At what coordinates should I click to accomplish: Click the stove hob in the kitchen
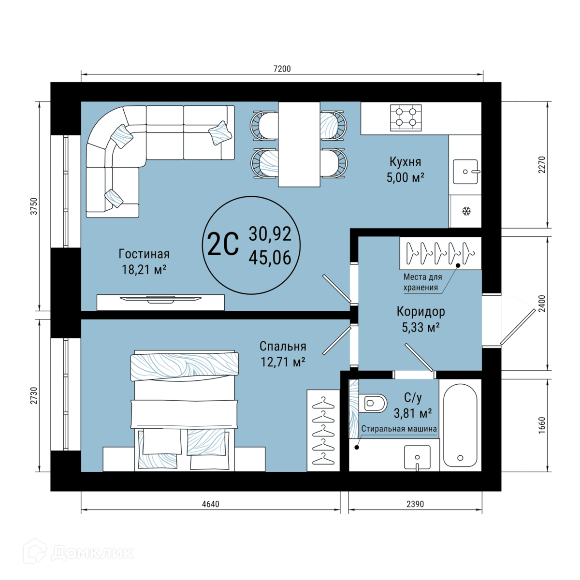click(x=406, y=117)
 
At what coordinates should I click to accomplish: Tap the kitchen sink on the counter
click(x=465, y=172)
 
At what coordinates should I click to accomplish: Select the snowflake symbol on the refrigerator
click(x=466, y=211)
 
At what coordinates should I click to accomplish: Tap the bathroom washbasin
click(x=417, y=457)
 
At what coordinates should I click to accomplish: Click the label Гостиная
click(x=144, y=254)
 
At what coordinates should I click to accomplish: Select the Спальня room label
click(x=283, y=347)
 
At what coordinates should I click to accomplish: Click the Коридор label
click(x=420, y=312)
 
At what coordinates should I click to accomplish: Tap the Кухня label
click(x=405, y=161)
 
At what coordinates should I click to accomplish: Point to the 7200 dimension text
click(x=282, y=69)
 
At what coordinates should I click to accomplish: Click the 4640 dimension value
click(x=210, y=504)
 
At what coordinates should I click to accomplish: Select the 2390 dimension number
click(x=415, y=504)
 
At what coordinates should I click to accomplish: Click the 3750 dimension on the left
click(x=35, y=206)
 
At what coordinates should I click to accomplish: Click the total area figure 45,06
click(x=270, y=258)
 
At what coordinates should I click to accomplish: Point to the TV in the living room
click(x=160, y=299)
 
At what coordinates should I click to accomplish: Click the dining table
click(x=299, y=144)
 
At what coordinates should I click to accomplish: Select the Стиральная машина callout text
click(x=399, y=429)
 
